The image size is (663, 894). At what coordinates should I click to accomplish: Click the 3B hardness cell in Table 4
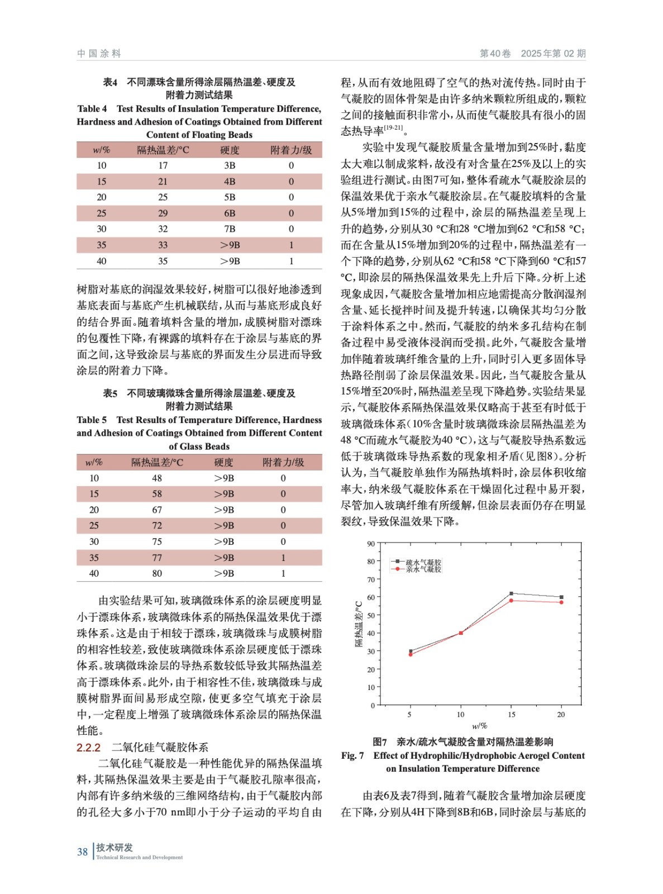230,165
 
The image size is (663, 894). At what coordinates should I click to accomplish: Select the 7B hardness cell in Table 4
230,229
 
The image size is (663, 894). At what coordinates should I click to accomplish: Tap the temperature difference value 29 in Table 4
163,213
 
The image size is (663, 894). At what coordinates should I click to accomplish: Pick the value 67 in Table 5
157,510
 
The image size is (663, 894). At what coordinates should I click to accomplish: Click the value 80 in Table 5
157,573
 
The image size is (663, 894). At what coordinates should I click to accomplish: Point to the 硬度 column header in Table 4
230,150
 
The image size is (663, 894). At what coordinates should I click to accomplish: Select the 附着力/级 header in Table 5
283,462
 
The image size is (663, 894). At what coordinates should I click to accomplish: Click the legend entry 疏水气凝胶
423,562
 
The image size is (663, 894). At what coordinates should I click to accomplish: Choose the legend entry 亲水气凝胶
423,569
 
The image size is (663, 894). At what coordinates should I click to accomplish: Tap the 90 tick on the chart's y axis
371,544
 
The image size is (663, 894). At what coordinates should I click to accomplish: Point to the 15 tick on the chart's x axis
511,715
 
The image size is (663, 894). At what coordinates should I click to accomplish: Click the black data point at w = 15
511,593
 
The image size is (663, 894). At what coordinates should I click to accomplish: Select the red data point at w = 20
561,602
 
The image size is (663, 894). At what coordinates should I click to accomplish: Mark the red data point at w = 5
410,654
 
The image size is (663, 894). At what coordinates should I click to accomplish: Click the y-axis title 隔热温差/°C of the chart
359,624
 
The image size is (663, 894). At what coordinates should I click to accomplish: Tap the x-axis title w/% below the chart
479,726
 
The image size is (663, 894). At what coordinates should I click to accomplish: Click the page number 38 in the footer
82,852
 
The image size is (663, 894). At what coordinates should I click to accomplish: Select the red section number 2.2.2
88,748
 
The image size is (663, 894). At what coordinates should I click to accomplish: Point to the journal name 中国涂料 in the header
99,54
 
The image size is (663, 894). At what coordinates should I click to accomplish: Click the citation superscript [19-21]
393,128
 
